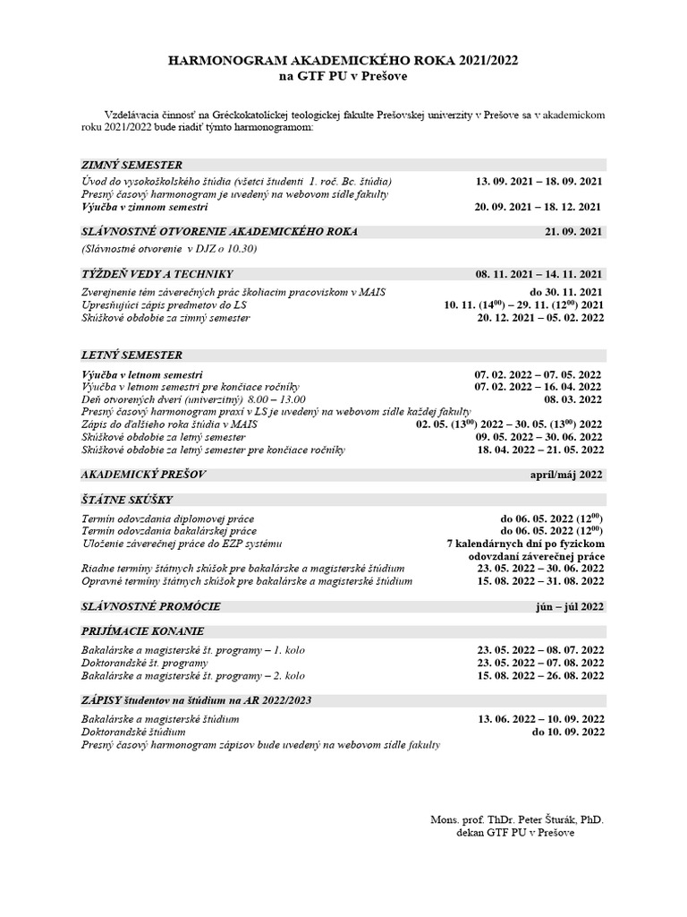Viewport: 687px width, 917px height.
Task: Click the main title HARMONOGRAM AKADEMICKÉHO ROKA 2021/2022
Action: [x=343, y=60]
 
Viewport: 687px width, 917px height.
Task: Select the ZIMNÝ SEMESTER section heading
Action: [x=131, y=165]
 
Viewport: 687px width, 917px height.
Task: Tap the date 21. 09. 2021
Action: [x=574, y=231]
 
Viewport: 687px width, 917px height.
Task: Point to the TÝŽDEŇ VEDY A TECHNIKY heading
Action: [x=157, y=273]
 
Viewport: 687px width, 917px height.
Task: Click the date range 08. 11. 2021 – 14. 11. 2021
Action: [x=539, y=273]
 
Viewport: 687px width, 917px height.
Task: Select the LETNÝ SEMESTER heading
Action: [x=131, y=355]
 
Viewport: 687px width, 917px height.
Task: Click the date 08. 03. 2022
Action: [x=573, y=399]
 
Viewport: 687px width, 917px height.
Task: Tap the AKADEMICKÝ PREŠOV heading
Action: [x=144, y=474]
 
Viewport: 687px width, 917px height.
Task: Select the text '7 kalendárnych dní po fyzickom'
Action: [x=525, y=544]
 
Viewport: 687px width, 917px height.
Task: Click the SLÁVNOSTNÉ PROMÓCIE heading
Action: [x=150, y=606]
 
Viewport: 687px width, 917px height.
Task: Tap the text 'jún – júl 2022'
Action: [x=568, y=606]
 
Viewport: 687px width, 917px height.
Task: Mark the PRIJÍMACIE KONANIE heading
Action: [x=143, y=630]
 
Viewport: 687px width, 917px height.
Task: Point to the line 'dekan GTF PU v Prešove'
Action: [x=515, y=832]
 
